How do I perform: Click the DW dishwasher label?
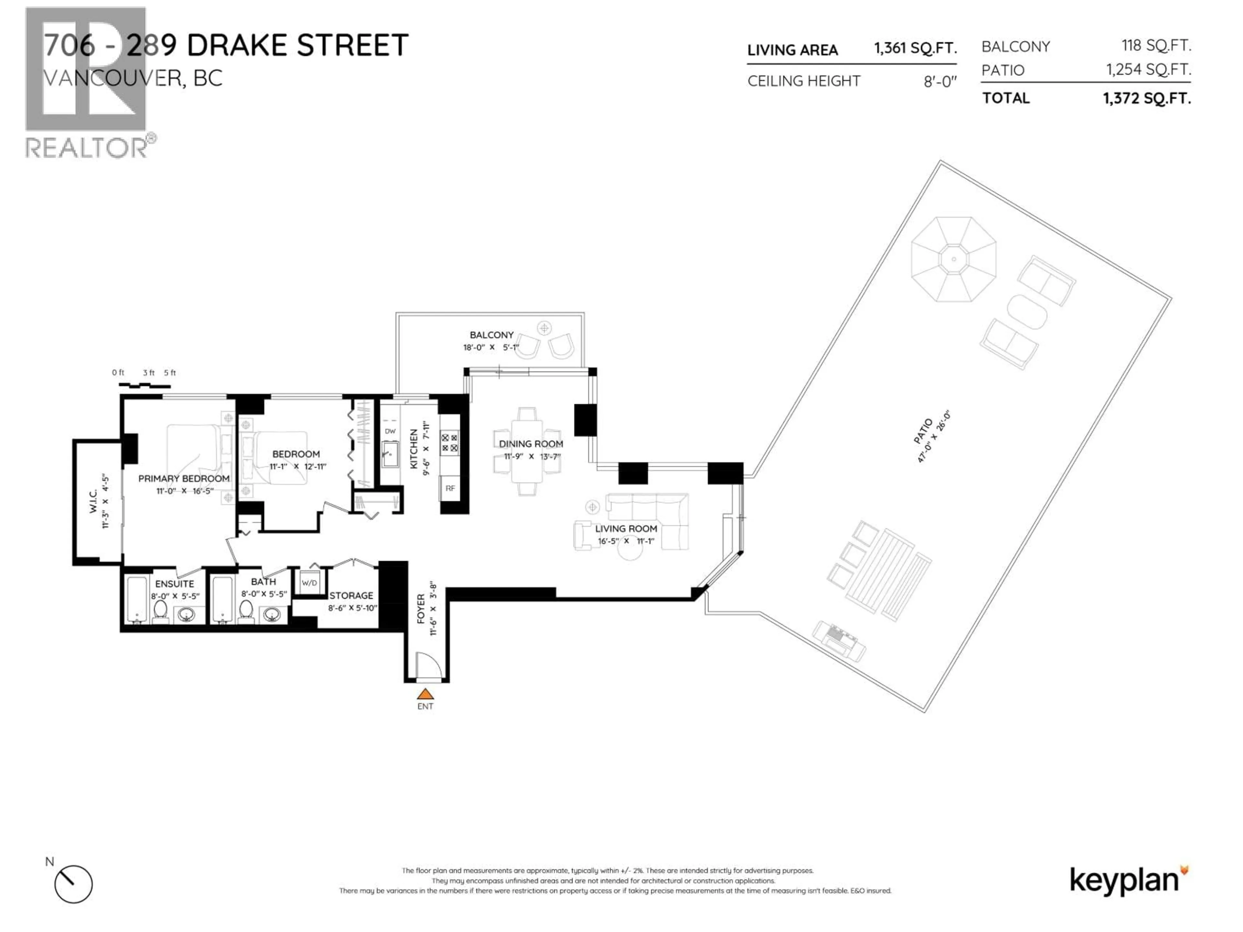pyautogui.click(x=390, y=431)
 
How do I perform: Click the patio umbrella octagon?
pyautogui.click(x=954, y=260)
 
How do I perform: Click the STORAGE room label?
pyautogui.click(x=351, y=595)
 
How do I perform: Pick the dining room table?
pyautogui.click(x=527, y=451)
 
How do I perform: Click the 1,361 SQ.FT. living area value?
pyautogui.click(x=915, y=48)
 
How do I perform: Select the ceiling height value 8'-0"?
pyautogui.click(x=940, y=82)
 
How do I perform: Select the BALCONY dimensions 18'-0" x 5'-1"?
pyautogui.click(x=491, y=348)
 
